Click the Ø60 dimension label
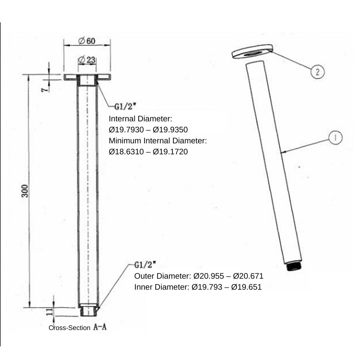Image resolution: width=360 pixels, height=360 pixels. [87, 41]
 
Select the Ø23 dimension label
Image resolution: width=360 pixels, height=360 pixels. [87, 60]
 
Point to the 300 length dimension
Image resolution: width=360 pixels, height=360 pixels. [25, 191]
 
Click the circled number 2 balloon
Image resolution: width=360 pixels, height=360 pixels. [317, 72]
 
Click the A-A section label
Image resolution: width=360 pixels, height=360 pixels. [100, 327]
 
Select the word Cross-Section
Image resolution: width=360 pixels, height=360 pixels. [69, 328]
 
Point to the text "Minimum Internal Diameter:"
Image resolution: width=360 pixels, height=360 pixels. [158, 141]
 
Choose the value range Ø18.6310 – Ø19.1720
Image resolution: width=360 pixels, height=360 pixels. [148, 152]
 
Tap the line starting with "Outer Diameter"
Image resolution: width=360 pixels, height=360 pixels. [199, 276]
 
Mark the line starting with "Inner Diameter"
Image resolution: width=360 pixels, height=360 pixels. [198, 287]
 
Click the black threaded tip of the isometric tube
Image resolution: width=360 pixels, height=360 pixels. [294, 267]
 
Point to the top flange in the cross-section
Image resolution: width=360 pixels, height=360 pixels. [87, 77]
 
